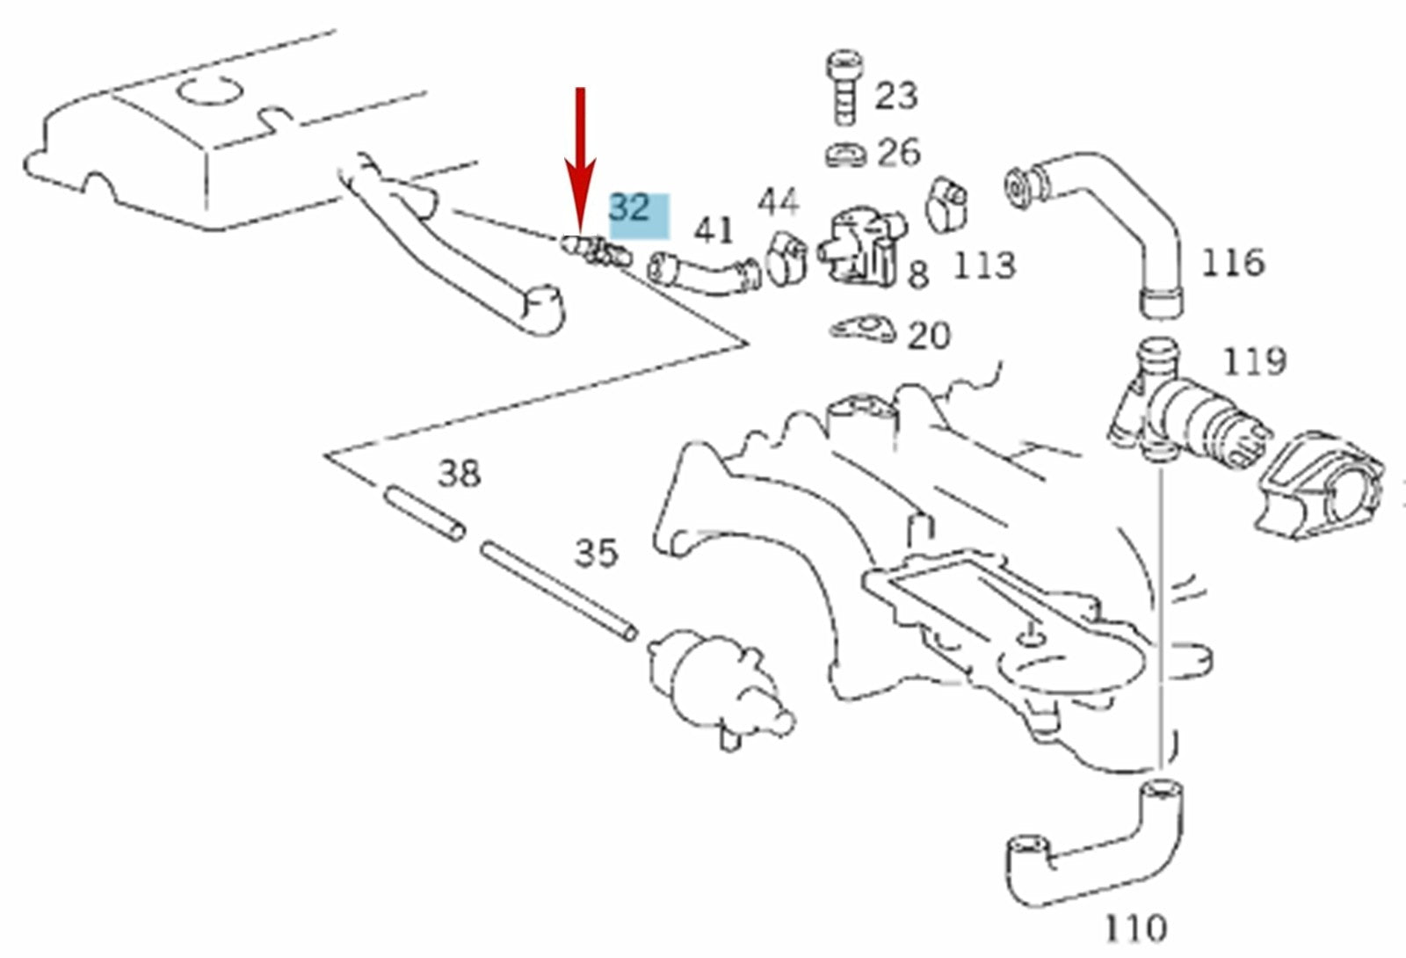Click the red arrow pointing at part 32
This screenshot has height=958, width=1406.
(x=579, y=163)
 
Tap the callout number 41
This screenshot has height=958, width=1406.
(x=713, y=231)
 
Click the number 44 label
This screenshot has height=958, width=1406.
(x=778, y=203)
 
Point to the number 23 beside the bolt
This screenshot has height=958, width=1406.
(x=895, y=95)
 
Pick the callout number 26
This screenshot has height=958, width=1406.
(x=898, y=153)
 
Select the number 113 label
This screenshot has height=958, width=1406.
(x=983, y=265)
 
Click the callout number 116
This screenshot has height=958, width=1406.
(x=1232, y=262)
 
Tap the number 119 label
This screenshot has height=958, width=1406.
(x=1254, y=360)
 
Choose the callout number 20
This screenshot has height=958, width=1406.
(x=928, y=336)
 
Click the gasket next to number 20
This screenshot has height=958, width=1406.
(x=862, y=330)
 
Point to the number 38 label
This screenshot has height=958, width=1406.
(x=459, y=475)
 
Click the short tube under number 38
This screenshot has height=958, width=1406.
(x=424, y=515)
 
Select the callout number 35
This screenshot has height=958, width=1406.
(x=596, y=554)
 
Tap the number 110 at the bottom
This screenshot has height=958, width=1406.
(x=1134, y=927)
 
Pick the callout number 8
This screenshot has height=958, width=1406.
(x=917, y=275)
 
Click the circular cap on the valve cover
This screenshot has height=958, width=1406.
(x=209, y=91)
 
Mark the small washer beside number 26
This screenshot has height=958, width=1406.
(x=845, y=153)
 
